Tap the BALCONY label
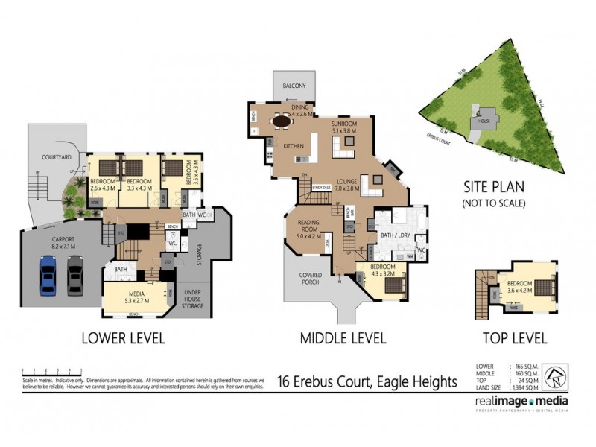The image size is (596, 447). coord(294,86)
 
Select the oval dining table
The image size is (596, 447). coord(282,120)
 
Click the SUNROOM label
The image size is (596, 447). coord(344,124)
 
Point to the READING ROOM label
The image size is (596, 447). coord(308,226)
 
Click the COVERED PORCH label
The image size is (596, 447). coord(311,279)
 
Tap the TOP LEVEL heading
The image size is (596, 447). coord(515,338)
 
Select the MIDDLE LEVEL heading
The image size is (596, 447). coord(343,339)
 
